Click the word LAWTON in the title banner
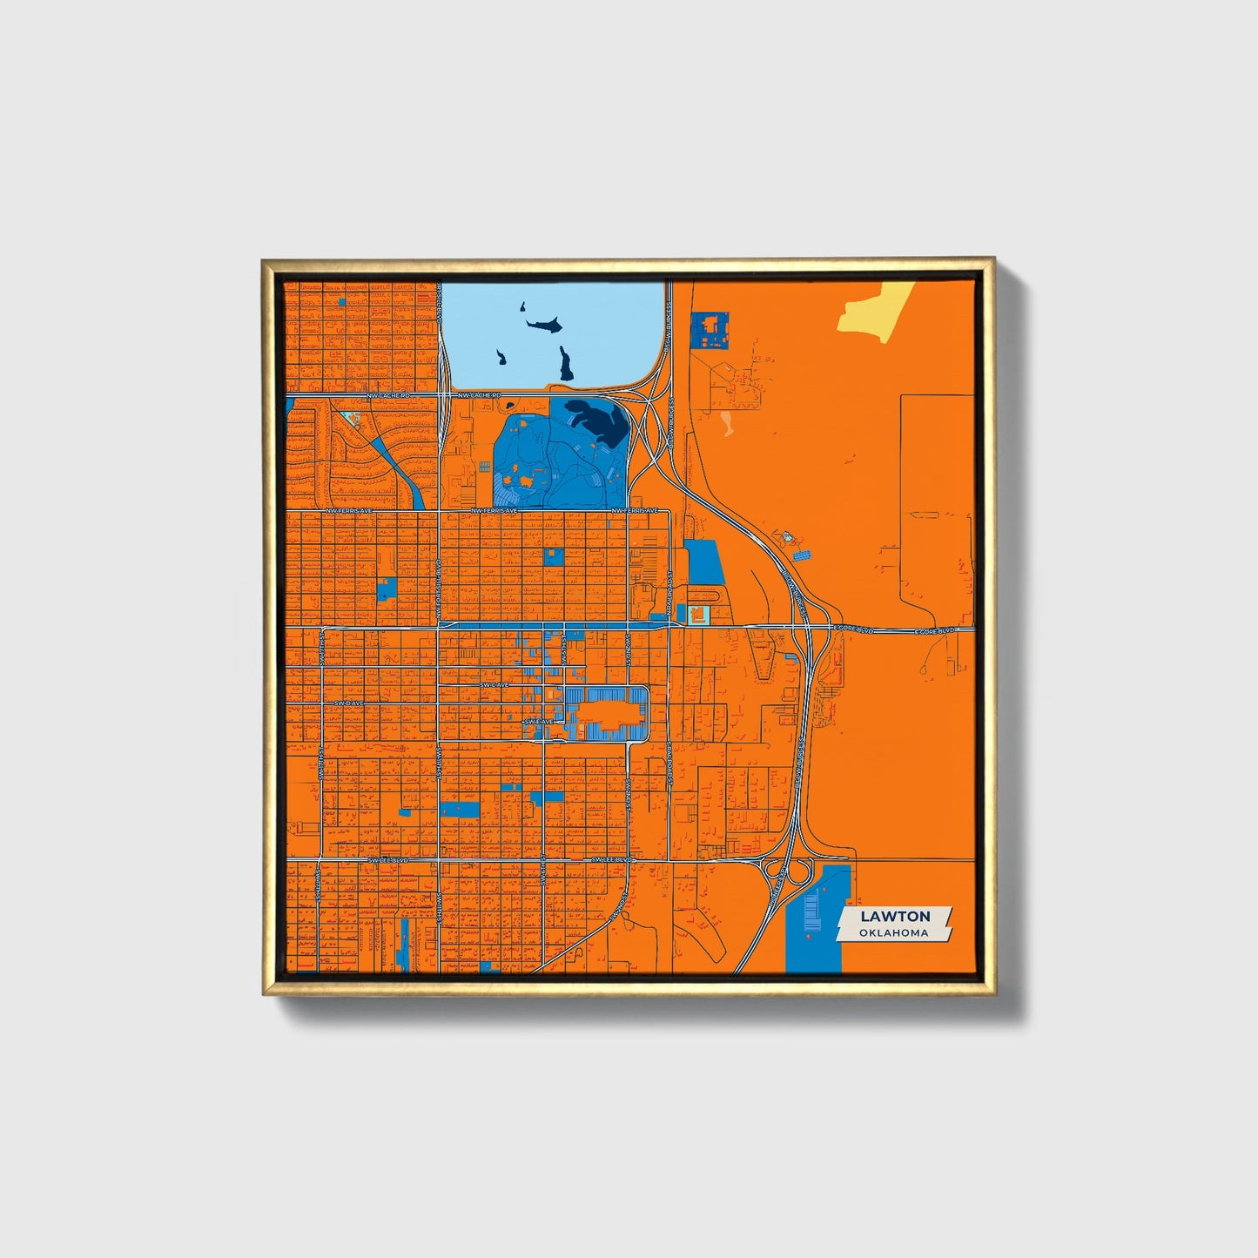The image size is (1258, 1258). [x=895, y=916]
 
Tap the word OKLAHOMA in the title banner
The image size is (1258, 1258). [x=893, y=932]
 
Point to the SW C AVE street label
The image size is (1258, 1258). [x=494, y=685]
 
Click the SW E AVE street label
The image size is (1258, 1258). [x=537, y=722]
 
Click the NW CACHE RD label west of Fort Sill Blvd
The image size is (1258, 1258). [x=387, y=396]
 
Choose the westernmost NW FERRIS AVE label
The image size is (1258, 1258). [x=348, y=511]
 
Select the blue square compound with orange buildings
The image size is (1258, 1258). [x=710, y=330]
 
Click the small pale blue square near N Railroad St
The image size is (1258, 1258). [x=697, y=616]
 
